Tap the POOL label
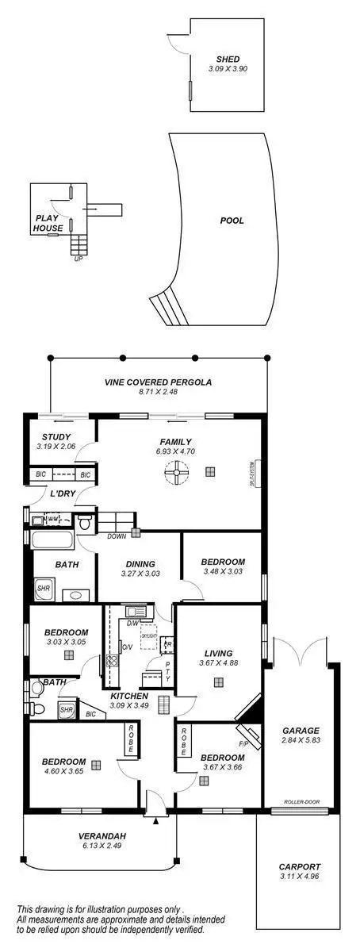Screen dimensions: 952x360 pos(232,221)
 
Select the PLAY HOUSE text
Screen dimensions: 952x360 pos(48,222)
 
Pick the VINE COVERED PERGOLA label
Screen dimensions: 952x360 pos(158,382)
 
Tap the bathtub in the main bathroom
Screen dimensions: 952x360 pos(52,541)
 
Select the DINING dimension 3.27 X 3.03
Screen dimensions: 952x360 pos(140,574)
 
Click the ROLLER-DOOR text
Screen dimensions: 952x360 pos(300,802)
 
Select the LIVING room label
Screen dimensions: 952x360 pos(217,653)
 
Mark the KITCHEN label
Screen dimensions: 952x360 pos(128,696)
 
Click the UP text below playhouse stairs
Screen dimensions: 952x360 pos(77,259)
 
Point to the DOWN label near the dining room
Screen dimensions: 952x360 pos(116,537)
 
